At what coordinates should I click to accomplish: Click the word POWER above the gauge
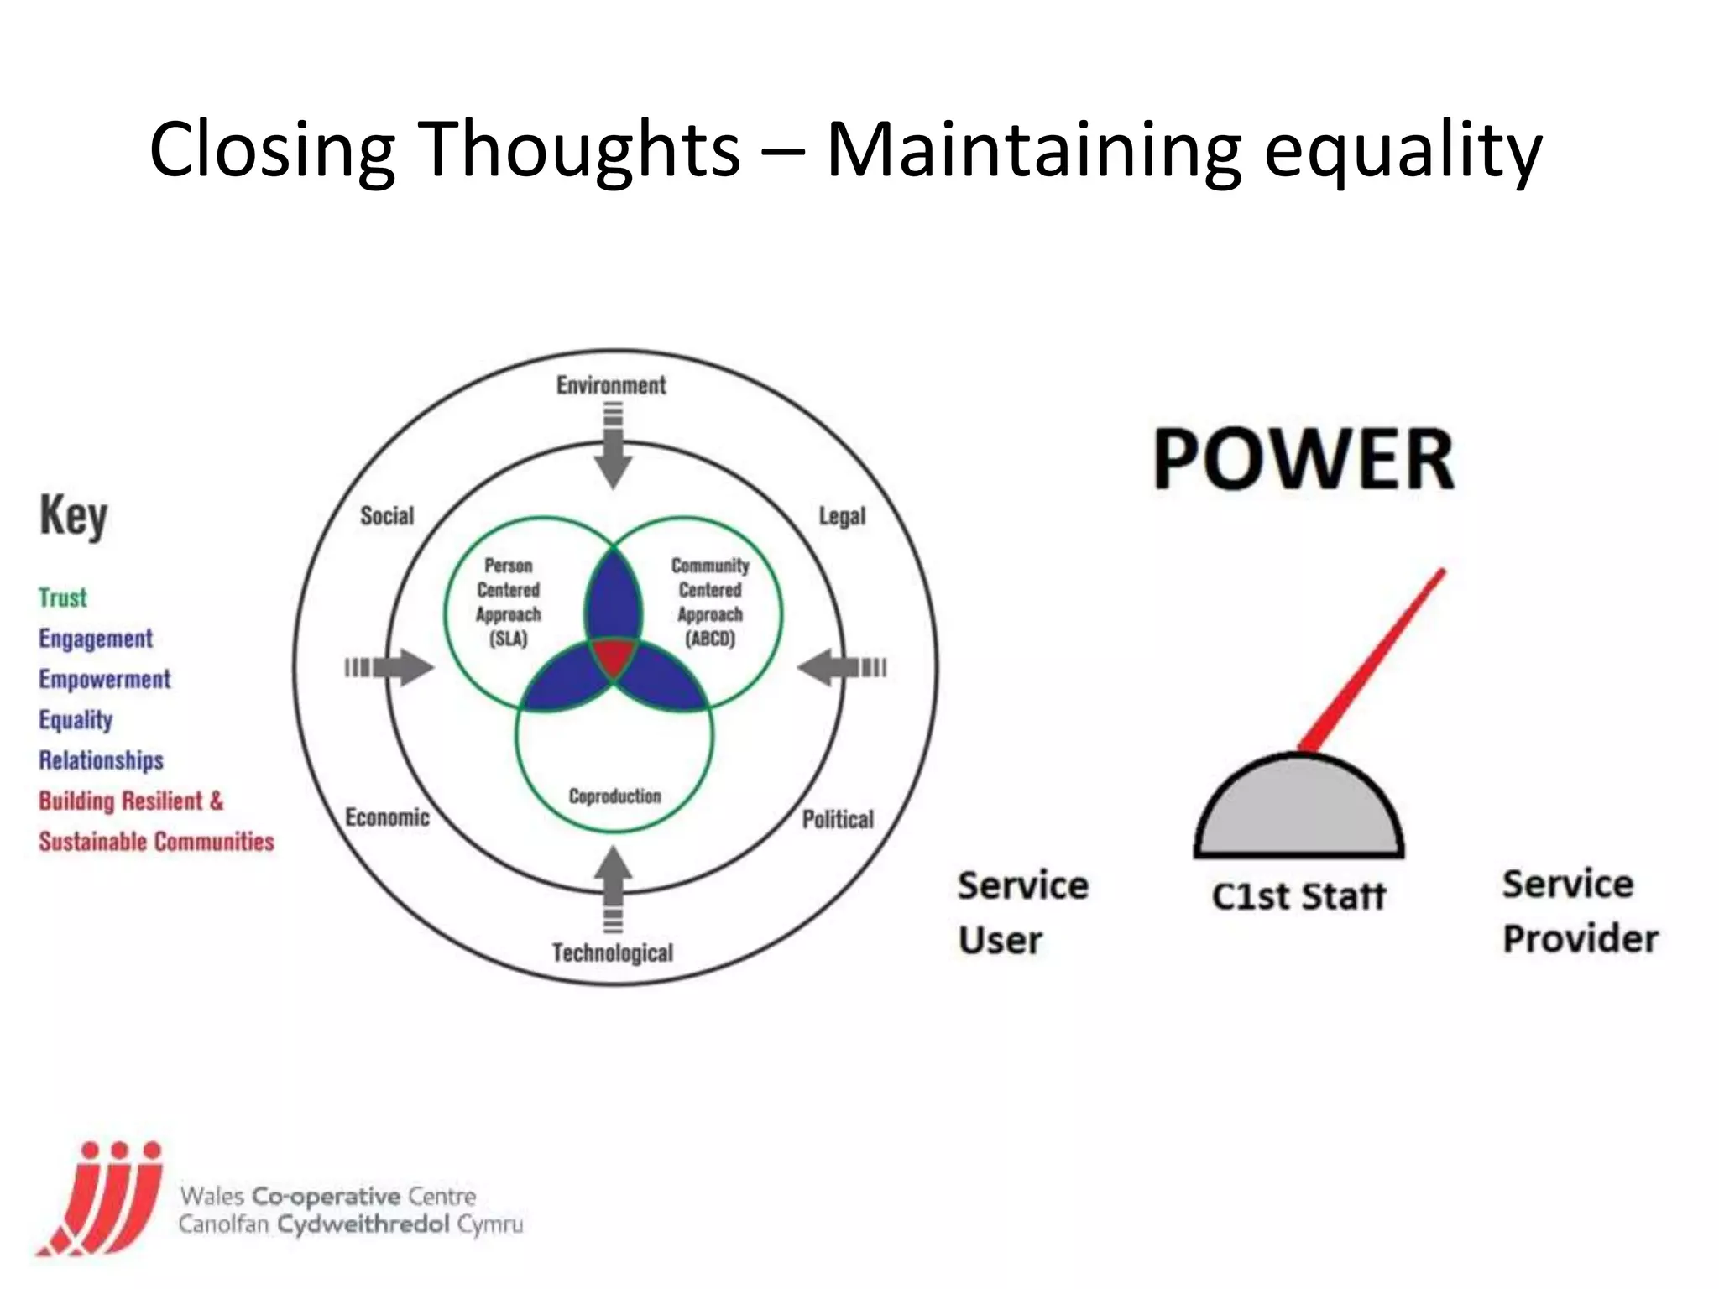click(1304, 459)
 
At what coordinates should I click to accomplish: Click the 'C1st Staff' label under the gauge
click(1298, 896)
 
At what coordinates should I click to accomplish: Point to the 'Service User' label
click(1021, 912)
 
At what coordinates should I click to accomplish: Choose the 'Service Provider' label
click(1580, 911)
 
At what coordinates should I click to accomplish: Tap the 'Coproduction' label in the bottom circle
click(614, 796)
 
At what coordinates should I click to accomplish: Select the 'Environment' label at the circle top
click(611, 385)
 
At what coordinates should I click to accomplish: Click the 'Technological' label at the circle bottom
click(613, 952)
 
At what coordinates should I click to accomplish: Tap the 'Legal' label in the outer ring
click(842, 515)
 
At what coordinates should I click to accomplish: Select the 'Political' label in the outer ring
click(838, 818)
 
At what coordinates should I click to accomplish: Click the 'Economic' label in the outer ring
click(387, 817)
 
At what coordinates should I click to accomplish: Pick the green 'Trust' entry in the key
click(63, 598)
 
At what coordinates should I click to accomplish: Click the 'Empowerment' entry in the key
click(105, 679)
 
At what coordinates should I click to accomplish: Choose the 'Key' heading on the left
click(74, 515)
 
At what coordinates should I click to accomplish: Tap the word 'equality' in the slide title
click(1402, 151)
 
